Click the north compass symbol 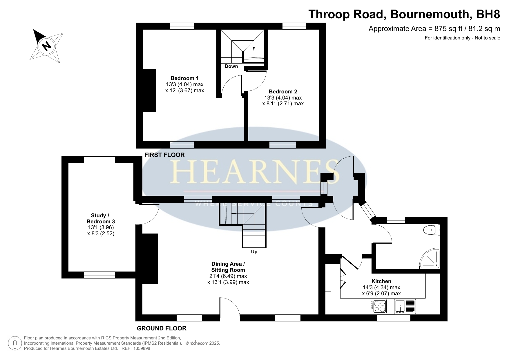(46, 46)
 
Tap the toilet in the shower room (432, 230)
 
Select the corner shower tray (430, 258)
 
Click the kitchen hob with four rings (379, 306)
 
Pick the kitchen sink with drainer (405, 306)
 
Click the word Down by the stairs (231, 66)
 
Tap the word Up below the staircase (254, 252)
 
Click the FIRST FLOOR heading (164, 155)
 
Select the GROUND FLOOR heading (162, 328)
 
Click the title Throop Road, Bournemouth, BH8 (404, 14)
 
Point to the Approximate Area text (434, 29)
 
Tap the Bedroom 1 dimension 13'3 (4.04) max (184, 84)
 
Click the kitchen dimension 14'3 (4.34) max (381, 287)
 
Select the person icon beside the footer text (15, 343)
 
